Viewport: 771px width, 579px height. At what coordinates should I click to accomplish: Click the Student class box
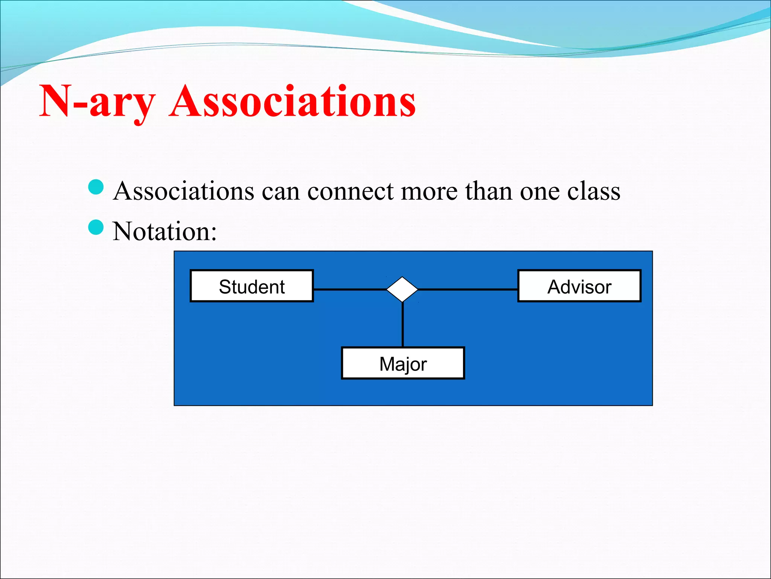coord(251,286)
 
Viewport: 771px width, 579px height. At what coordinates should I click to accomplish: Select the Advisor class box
coord(579,286)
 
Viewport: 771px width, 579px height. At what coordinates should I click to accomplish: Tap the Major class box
coord(403,363)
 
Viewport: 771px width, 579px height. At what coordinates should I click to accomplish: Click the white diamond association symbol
coord(402,289)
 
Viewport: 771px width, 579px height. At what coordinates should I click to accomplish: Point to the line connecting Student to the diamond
coord(349,289)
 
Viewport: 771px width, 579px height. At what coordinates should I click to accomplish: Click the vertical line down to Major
coord(402,324)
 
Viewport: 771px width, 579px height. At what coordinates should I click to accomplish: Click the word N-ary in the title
coord(97,101)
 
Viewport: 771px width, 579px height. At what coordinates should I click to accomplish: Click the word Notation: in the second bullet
coord(165,231)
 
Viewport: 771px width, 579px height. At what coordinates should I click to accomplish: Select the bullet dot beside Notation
coord(96,227)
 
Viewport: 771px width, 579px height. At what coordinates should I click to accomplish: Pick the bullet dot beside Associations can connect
coord(96,187)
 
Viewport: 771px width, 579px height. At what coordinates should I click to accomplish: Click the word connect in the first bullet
coord(350,191)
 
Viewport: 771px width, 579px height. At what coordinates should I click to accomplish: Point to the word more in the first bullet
coord(429,191)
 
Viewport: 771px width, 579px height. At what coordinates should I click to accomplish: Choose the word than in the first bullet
coord(488,191)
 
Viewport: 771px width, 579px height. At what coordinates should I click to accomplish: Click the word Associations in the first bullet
coord(184,191)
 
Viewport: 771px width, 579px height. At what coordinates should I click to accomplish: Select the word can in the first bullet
coord(280,191)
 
